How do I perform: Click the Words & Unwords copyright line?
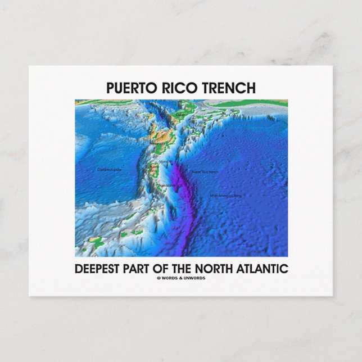click(x=181, y=278)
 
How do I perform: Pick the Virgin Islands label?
click(x=166, y=184)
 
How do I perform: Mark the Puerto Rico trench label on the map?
click(x=205, y=171)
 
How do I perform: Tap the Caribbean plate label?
click(x=110, y=169)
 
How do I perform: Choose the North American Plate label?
click(x=225, y=196)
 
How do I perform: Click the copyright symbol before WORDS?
click(x=159, y=278)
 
